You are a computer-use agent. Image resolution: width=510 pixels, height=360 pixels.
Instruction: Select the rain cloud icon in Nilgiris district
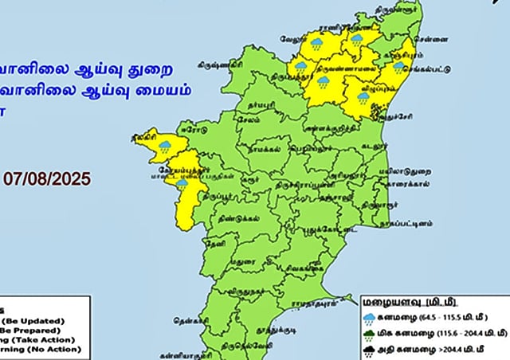[165, 146]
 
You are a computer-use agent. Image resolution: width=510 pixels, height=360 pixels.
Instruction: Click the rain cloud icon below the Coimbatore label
[182, 183]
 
